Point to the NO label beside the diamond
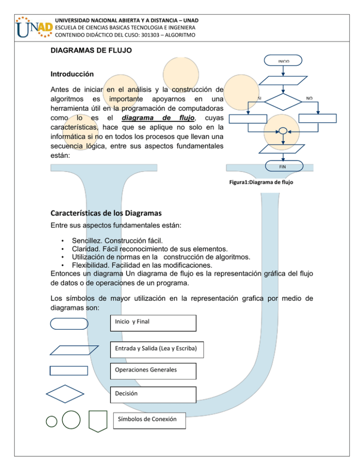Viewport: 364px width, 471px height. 309,98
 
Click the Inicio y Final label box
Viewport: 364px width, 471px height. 152,323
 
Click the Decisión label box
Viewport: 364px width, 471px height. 152,394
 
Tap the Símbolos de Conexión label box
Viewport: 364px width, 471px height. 150,420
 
